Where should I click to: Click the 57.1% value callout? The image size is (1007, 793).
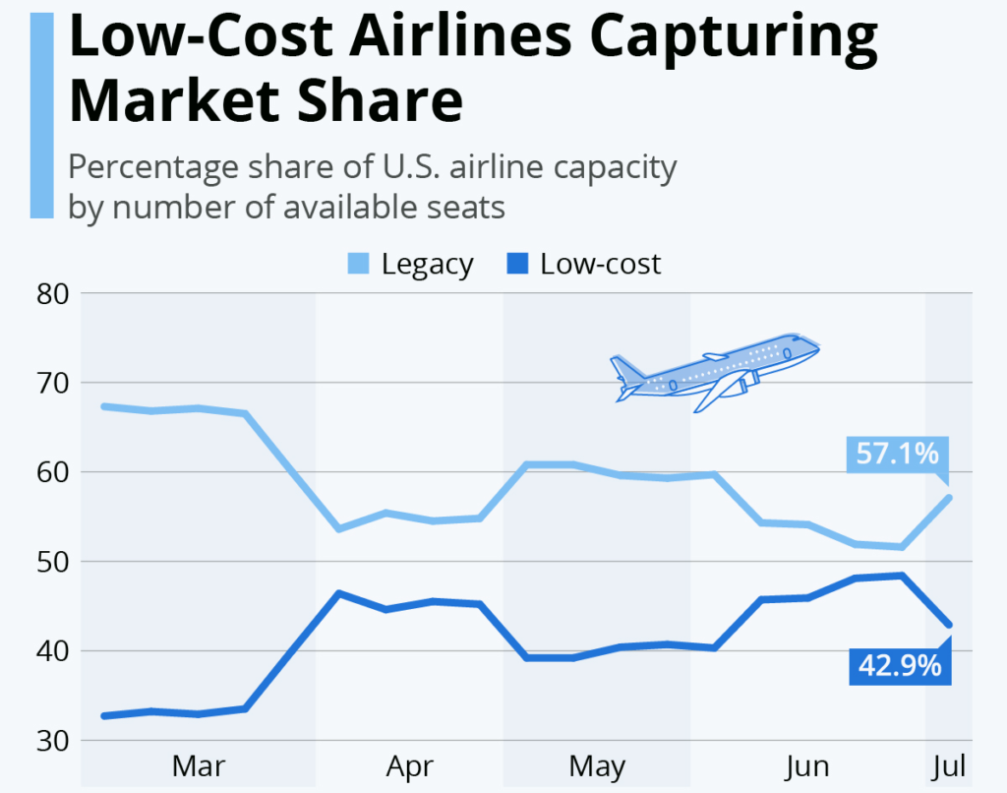pos(896,455)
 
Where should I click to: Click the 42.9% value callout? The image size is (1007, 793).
pos(900,665)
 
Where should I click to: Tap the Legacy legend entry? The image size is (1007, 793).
pos(410,264)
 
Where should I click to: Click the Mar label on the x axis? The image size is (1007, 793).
pos(199,765)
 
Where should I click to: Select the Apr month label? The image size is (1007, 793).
pos(410,765)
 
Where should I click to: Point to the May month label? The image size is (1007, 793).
pos(597,765)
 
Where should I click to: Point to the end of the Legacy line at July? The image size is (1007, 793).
pos(949,497)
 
